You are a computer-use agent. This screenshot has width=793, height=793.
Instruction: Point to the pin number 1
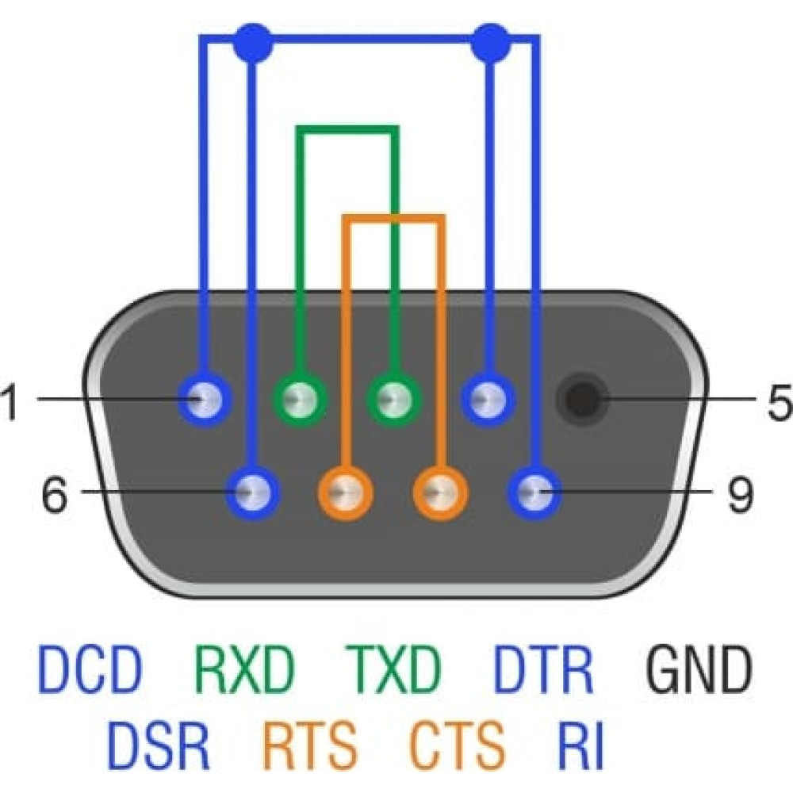pos(10,401)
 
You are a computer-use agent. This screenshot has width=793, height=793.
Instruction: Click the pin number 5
pos(780,401)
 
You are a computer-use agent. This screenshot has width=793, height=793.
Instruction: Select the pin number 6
pos(54,494)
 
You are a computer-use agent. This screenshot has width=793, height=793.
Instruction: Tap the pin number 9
pos(741,494)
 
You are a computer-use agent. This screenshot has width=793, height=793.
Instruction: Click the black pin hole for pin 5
pos(582,400)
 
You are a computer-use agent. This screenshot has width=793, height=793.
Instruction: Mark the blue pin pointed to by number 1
pos(205,400)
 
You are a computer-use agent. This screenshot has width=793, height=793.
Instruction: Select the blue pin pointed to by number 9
pos(534,492)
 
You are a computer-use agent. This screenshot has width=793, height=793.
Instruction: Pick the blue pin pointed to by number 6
pos(252,492)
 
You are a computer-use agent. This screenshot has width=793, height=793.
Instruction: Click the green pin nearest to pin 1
pos(301,400)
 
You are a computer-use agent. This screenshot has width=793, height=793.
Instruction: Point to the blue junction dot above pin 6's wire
pos(254,43)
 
